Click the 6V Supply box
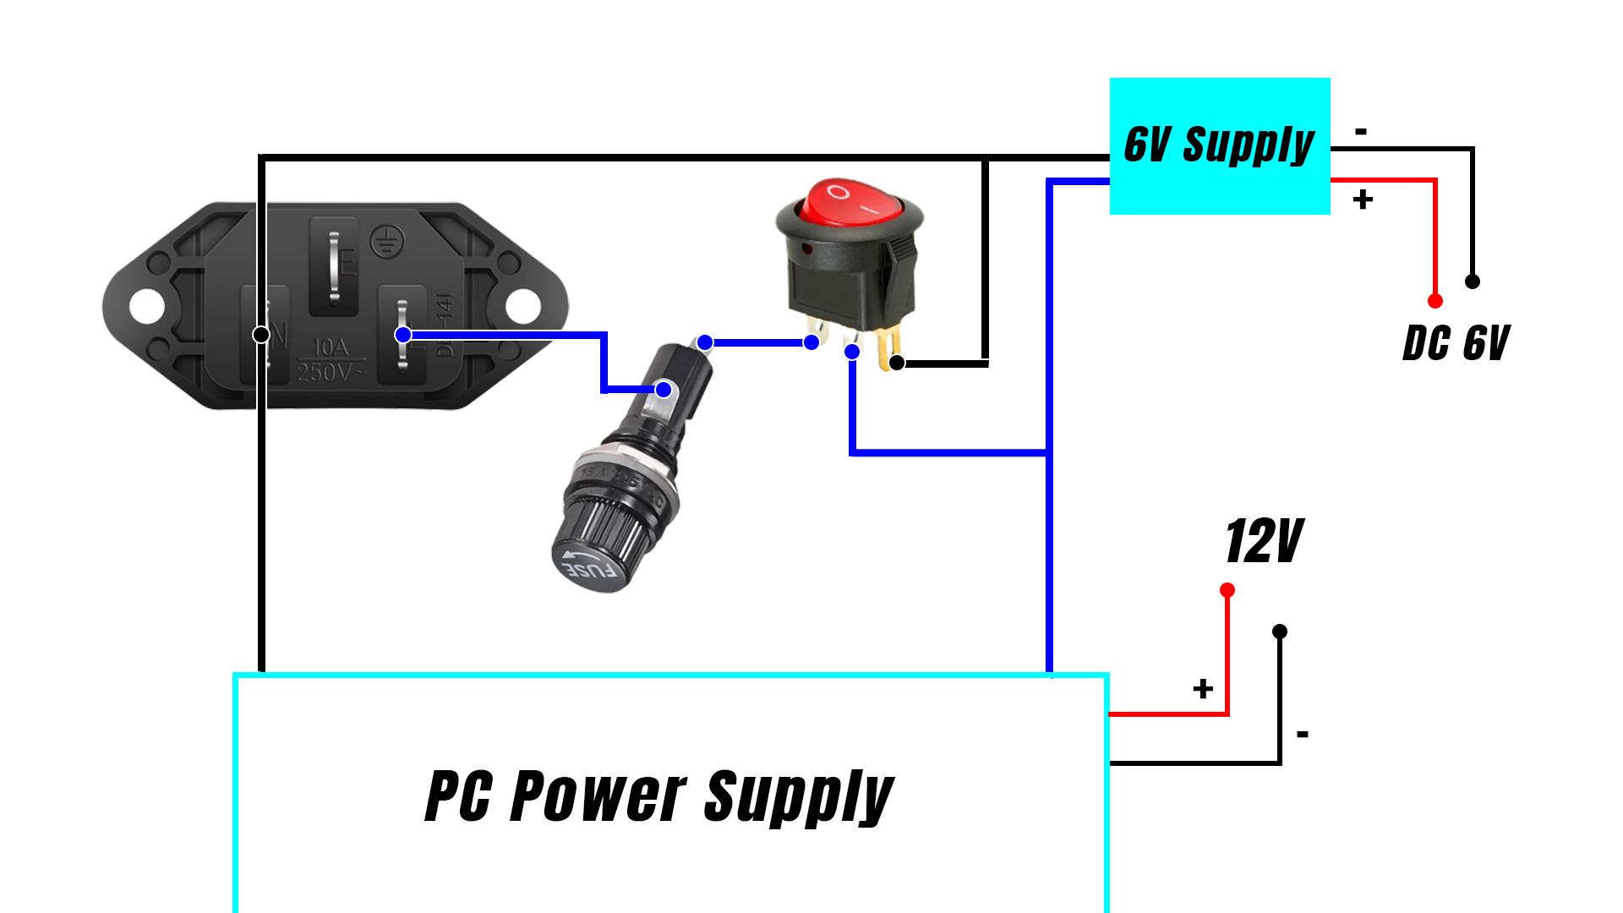[1219, 145]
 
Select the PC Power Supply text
[658, 795]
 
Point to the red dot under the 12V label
[1227, 590]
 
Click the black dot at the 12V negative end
[1280, 631]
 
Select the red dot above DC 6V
[1434, 301]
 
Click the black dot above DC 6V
[1472, 282]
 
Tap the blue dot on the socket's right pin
[403, 335]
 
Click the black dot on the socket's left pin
[261, 335]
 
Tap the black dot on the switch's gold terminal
[897, 363]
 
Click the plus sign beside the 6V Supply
[1363, 200]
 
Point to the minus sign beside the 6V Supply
[1361, 132]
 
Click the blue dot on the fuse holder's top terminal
[705, 342]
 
